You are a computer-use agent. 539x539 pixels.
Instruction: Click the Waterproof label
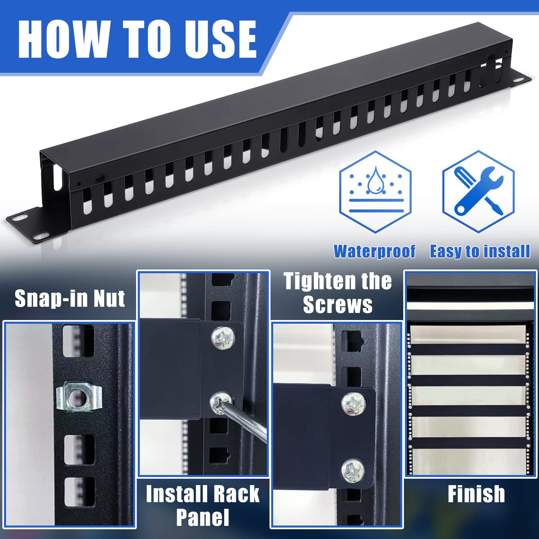tap(374, 252)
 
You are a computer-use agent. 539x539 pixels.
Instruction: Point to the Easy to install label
tap(480, 252)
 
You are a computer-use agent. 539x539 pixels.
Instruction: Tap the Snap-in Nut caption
tap(70, 298)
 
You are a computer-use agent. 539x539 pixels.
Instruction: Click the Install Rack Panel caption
tap(202, 505)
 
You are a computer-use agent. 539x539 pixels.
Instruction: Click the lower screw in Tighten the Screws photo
tap(352, 470)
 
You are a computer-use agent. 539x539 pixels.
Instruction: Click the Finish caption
tap(476, 494)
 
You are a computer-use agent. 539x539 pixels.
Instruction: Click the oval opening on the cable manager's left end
tap(57, 176)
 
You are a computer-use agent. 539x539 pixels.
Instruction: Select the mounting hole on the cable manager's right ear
tap(517, 80)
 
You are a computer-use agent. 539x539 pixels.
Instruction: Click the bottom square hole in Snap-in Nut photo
tap(79, 492)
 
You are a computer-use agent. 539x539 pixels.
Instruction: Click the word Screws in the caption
tap(338, 305)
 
